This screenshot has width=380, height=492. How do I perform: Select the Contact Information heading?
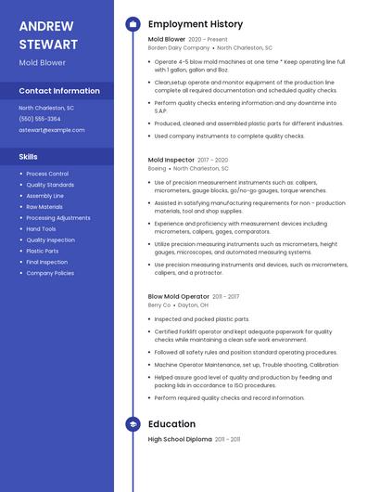pos(59,91)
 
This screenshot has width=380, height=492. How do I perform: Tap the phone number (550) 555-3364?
pos(40,119)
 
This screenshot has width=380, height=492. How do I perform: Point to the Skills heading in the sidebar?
pos(29,157)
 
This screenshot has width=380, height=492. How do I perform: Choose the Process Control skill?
pos(47,174)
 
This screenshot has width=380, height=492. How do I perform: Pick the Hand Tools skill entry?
pos(41,228)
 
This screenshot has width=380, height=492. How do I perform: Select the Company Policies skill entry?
pos(50,273)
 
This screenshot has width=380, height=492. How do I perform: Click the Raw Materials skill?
pos(44,206)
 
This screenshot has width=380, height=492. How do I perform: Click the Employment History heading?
pos(196,24)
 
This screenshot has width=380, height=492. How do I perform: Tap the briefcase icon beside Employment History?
pos(133,24)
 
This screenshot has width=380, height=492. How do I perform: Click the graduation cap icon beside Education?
pos(133,424)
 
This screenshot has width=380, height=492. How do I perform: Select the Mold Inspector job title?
pos(170,160)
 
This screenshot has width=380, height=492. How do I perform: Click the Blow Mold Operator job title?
pos(178,296)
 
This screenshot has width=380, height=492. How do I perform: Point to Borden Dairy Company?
pos(179,47)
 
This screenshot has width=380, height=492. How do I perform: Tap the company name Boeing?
pos(157,169)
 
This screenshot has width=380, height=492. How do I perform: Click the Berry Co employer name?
pos(159,305)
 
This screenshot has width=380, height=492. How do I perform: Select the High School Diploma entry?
pos(180,439)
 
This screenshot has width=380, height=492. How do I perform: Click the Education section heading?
pos(171,424)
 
